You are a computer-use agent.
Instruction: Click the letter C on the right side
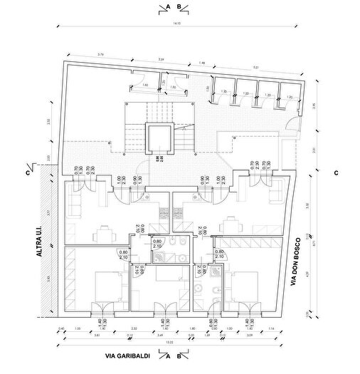[x=334, y=172]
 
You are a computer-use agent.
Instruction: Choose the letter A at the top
[x=166, y=6]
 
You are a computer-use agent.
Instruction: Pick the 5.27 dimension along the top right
[x=255, y=68]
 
